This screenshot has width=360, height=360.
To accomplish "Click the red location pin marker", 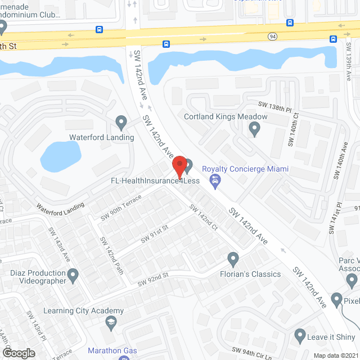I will click(x=179, y=166).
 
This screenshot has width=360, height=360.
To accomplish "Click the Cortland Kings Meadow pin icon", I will click(x=254, y=129).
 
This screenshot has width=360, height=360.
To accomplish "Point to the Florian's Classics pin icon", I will click(x=233, y=259).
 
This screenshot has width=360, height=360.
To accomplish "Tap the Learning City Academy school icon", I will click(x=111, y=323).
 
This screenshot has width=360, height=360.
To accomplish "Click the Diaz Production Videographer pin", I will click(x=73, y=275).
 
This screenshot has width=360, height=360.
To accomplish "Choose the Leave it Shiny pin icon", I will click(x=300, y=336).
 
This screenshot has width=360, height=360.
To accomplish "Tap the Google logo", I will click(x=18, y=353).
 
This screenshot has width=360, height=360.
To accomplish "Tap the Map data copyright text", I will click(x=335, y=355).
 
